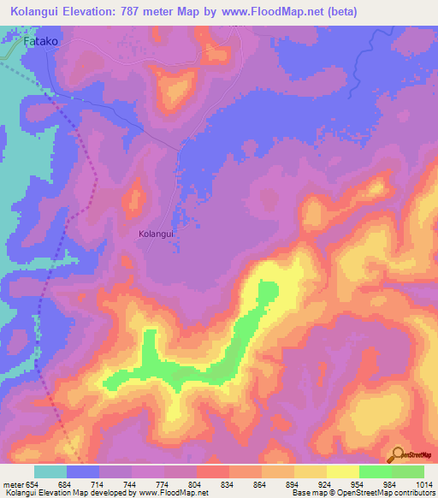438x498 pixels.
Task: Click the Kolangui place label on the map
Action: pos(156,233)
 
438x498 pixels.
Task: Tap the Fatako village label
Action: pos(39,40)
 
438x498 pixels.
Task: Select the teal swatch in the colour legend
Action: pos(50,471)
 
